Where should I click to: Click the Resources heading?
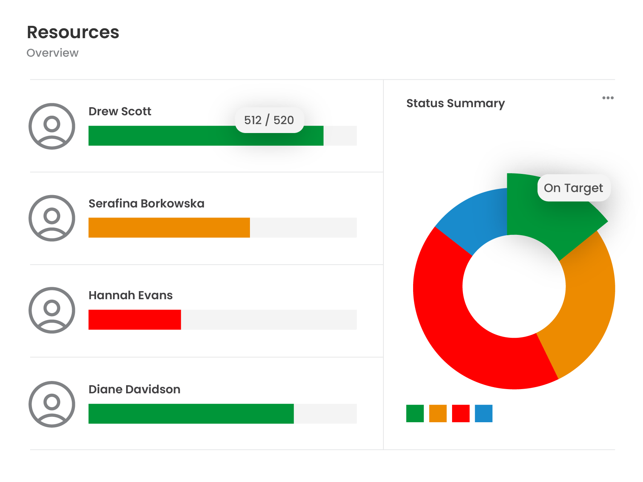click(x=73, y=32)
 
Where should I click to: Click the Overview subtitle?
click(x=52, y=53)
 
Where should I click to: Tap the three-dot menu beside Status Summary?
click(x=608, y=98)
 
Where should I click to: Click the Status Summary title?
click(x=455, y=103)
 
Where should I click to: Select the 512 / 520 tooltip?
click(x=269, y=120)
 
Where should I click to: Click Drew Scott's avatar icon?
click(x=52, y=126)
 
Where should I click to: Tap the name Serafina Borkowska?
click(x=146, y=203)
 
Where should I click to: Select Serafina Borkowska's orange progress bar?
click(x=169, y=228)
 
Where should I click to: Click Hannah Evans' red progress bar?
click(x=135, y=320)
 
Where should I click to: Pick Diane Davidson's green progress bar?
click(x=191, y=414)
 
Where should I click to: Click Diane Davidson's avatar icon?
click(x=52, y=404)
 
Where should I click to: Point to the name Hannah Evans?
click(x=130, y=295)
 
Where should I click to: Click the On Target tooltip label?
click(x=573, y=188)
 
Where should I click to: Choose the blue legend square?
click(x=483, y=413)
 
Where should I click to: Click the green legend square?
click(x=415, y=413)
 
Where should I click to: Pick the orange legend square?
click(x=437, y=413)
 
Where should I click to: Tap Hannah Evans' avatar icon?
click(x=52, y=310)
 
